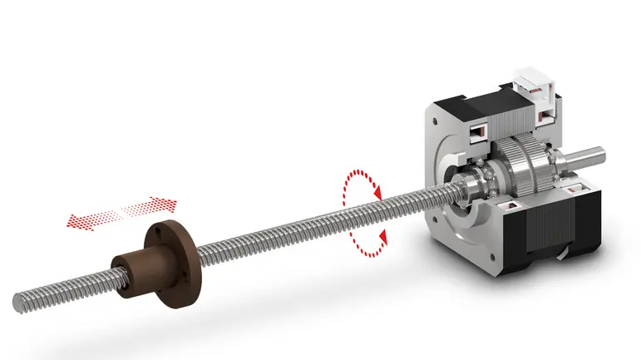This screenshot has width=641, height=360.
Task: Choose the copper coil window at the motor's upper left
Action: coord(480,131)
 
